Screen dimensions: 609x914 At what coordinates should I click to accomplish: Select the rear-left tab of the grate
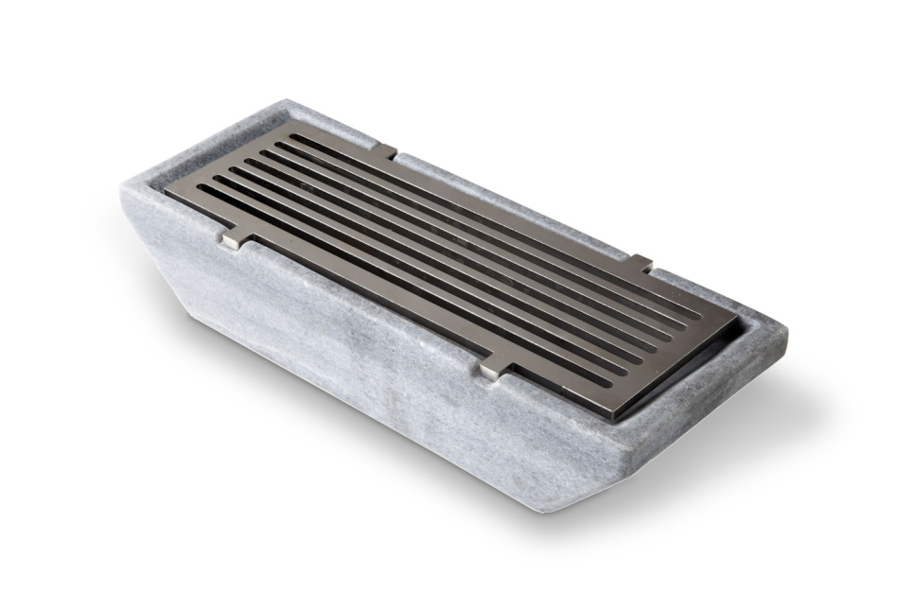[382, 150]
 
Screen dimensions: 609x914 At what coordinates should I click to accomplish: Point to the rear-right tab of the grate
[642, 264]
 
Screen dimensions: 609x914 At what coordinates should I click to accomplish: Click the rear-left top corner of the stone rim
[284, 101]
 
